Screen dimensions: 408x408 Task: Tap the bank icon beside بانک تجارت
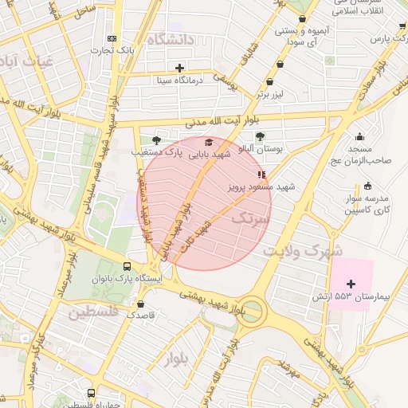112,38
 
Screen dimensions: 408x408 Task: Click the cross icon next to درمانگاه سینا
180,68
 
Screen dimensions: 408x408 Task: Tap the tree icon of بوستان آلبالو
260,135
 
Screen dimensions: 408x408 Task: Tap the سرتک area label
250,221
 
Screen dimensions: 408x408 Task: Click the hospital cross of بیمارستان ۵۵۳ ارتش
351,284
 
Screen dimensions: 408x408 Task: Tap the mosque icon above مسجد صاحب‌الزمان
360,136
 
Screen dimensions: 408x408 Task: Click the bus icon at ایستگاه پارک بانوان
127,267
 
